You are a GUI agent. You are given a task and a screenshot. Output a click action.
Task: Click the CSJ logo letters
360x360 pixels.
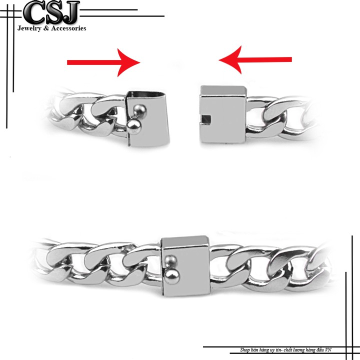coord(51,12)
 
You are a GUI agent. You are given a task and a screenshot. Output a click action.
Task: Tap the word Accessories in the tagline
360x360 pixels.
coord(68,28)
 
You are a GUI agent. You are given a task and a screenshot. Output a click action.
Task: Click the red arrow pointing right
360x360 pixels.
coord(103,62)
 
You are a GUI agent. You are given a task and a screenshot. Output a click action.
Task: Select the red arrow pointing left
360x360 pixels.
coord(255,59)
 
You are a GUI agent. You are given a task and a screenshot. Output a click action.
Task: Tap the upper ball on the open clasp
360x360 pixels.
coord(140,110)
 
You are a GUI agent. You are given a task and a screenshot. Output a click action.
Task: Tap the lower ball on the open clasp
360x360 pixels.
coord(134,126)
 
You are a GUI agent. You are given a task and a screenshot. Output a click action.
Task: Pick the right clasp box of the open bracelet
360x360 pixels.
coord(223,114)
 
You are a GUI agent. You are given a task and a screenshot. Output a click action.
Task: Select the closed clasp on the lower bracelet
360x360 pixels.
coord(185,266)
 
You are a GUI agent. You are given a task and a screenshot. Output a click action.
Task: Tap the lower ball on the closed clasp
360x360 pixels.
coord(172,277)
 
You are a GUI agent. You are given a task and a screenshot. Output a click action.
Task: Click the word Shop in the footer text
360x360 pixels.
coord(244,350)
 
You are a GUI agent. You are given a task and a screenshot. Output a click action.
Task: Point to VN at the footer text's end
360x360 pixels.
coord(328,350)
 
